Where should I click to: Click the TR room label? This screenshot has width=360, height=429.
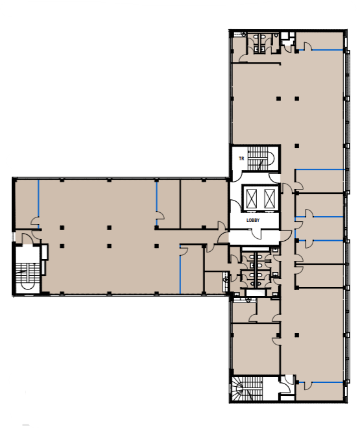241,158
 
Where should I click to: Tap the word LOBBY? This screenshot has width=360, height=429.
253,220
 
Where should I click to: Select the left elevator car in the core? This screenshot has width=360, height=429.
252,198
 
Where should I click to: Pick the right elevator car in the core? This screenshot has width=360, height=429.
269,198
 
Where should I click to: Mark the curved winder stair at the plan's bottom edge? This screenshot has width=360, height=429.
247,389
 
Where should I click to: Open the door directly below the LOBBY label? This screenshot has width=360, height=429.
257,235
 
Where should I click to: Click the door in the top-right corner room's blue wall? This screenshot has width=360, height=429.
308,47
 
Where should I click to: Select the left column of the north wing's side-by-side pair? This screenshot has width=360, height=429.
278,99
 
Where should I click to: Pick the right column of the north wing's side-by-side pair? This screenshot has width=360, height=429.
297,99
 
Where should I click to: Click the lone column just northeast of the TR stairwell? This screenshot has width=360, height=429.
297,146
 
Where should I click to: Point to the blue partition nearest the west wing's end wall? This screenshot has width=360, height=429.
38,204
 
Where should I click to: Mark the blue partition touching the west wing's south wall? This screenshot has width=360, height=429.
180,270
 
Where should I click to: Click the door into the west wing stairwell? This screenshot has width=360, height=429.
27,239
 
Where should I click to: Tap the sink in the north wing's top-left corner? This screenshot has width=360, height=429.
244,34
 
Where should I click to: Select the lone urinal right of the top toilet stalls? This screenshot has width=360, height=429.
276,36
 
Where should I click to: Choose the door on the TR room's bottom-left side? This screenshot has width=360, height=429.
237,176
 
